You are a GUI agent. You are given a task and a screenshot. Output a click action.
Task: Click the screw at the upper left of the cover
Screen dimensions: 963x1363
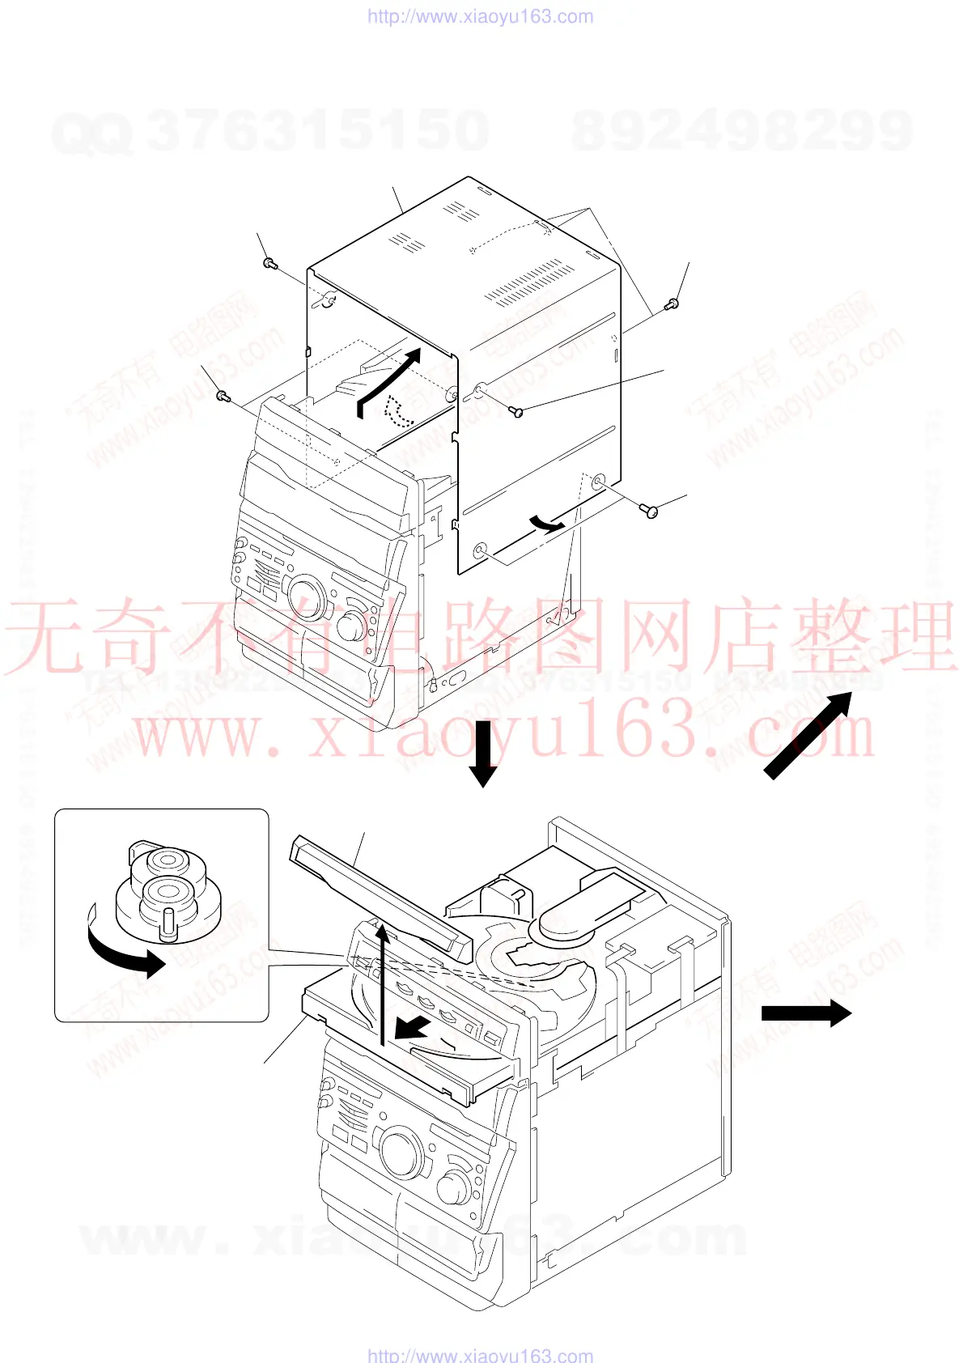pyautogui.click(x=269, y=263)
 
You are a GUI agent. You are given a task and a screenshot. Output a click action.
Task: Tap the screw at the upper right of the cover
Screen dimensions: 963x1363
pyautogui.click(x=671, y=304)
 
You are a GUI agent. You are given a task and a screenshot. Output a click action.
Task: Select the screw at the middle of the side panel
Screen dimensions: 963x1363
pyautogui.click(x=517, y=412)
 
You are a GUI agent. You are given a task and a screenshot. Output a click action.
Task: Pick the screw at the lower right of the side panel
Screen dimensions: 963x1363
pyautogui.click(x=650, y=511)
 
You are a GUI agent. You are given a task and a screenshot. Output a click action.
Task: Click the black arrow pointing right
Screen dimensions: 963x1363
pyautogui.click(x=806, y=1013)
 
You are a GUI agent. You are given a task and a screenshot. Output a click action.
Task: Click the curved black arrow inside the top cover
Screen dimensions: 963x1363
pyautogui.click(x=388, y=377)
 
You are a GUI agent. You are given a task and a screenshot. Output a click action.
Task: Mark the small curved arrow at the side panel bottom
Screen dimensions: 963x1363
pyautogui.click(x=546, y=524)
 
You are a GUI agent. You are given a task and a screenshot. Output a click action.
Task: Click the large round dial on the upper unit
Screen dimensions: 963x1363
pyautogui.click(x=305, y=597)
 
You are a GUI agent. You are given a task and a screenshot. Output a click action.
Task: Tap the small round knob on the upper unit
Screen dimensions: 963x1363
pyautogui.click(x=351, y=626)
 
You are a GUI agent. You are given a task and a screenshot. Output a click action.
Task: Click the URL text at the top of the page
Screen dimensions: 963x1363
pyautogui.click(x=481, y=16)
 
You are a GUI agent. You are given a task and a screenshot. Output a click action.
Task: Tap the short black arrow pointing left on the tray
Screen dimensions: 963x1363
pyautogui.click(x=413, y=1029)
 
